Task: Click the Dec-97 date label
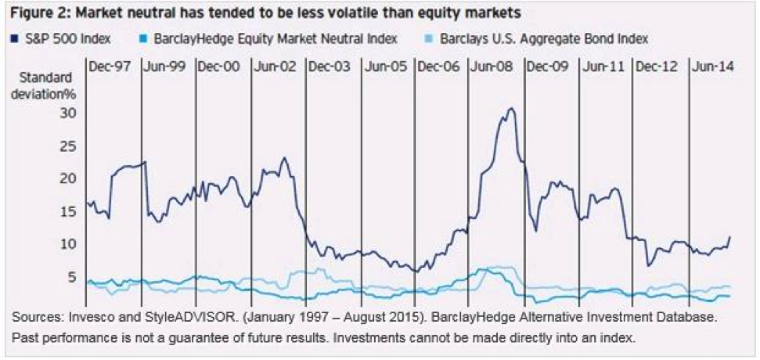pos(111,67)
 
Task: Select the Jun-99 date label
pos(165,67)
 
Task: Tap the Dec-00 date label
pos(220,67)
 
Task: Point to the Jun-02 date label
pos(275,67)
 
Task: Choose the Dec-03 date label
pos(330,67)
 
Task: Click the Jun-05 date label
pos(385,67)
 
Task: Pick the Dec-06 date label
pos(439,67)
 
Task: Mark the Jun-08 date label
pos(494,67)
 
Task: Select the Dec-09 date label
pos(549,67)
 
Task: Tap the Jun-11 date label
pos(603,67)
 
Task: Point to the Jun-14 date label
pos(712,67)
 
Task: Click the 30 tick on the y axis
pos(69,113)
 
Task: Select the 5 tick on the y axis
pos(73,277)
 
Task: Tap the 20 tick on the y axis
pos(69,178)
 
